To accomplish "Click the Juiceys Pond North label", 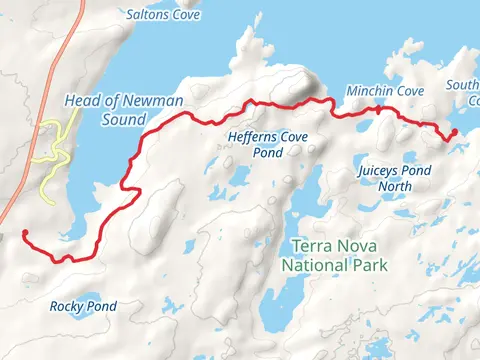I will coord(396,178).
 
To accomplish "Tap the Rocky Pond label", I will coord(83,306).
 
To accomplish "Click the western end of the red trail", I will coord(23,233).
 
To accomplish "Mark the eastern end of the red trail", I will coord(454,131).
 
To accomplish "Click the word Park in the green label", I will coord(368,265).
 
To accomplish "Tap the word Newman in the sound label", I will coord(131,100).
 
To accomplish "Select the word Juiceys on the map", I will coord(379,171).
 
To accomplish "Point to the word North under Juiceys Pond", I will coord(396,185).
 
